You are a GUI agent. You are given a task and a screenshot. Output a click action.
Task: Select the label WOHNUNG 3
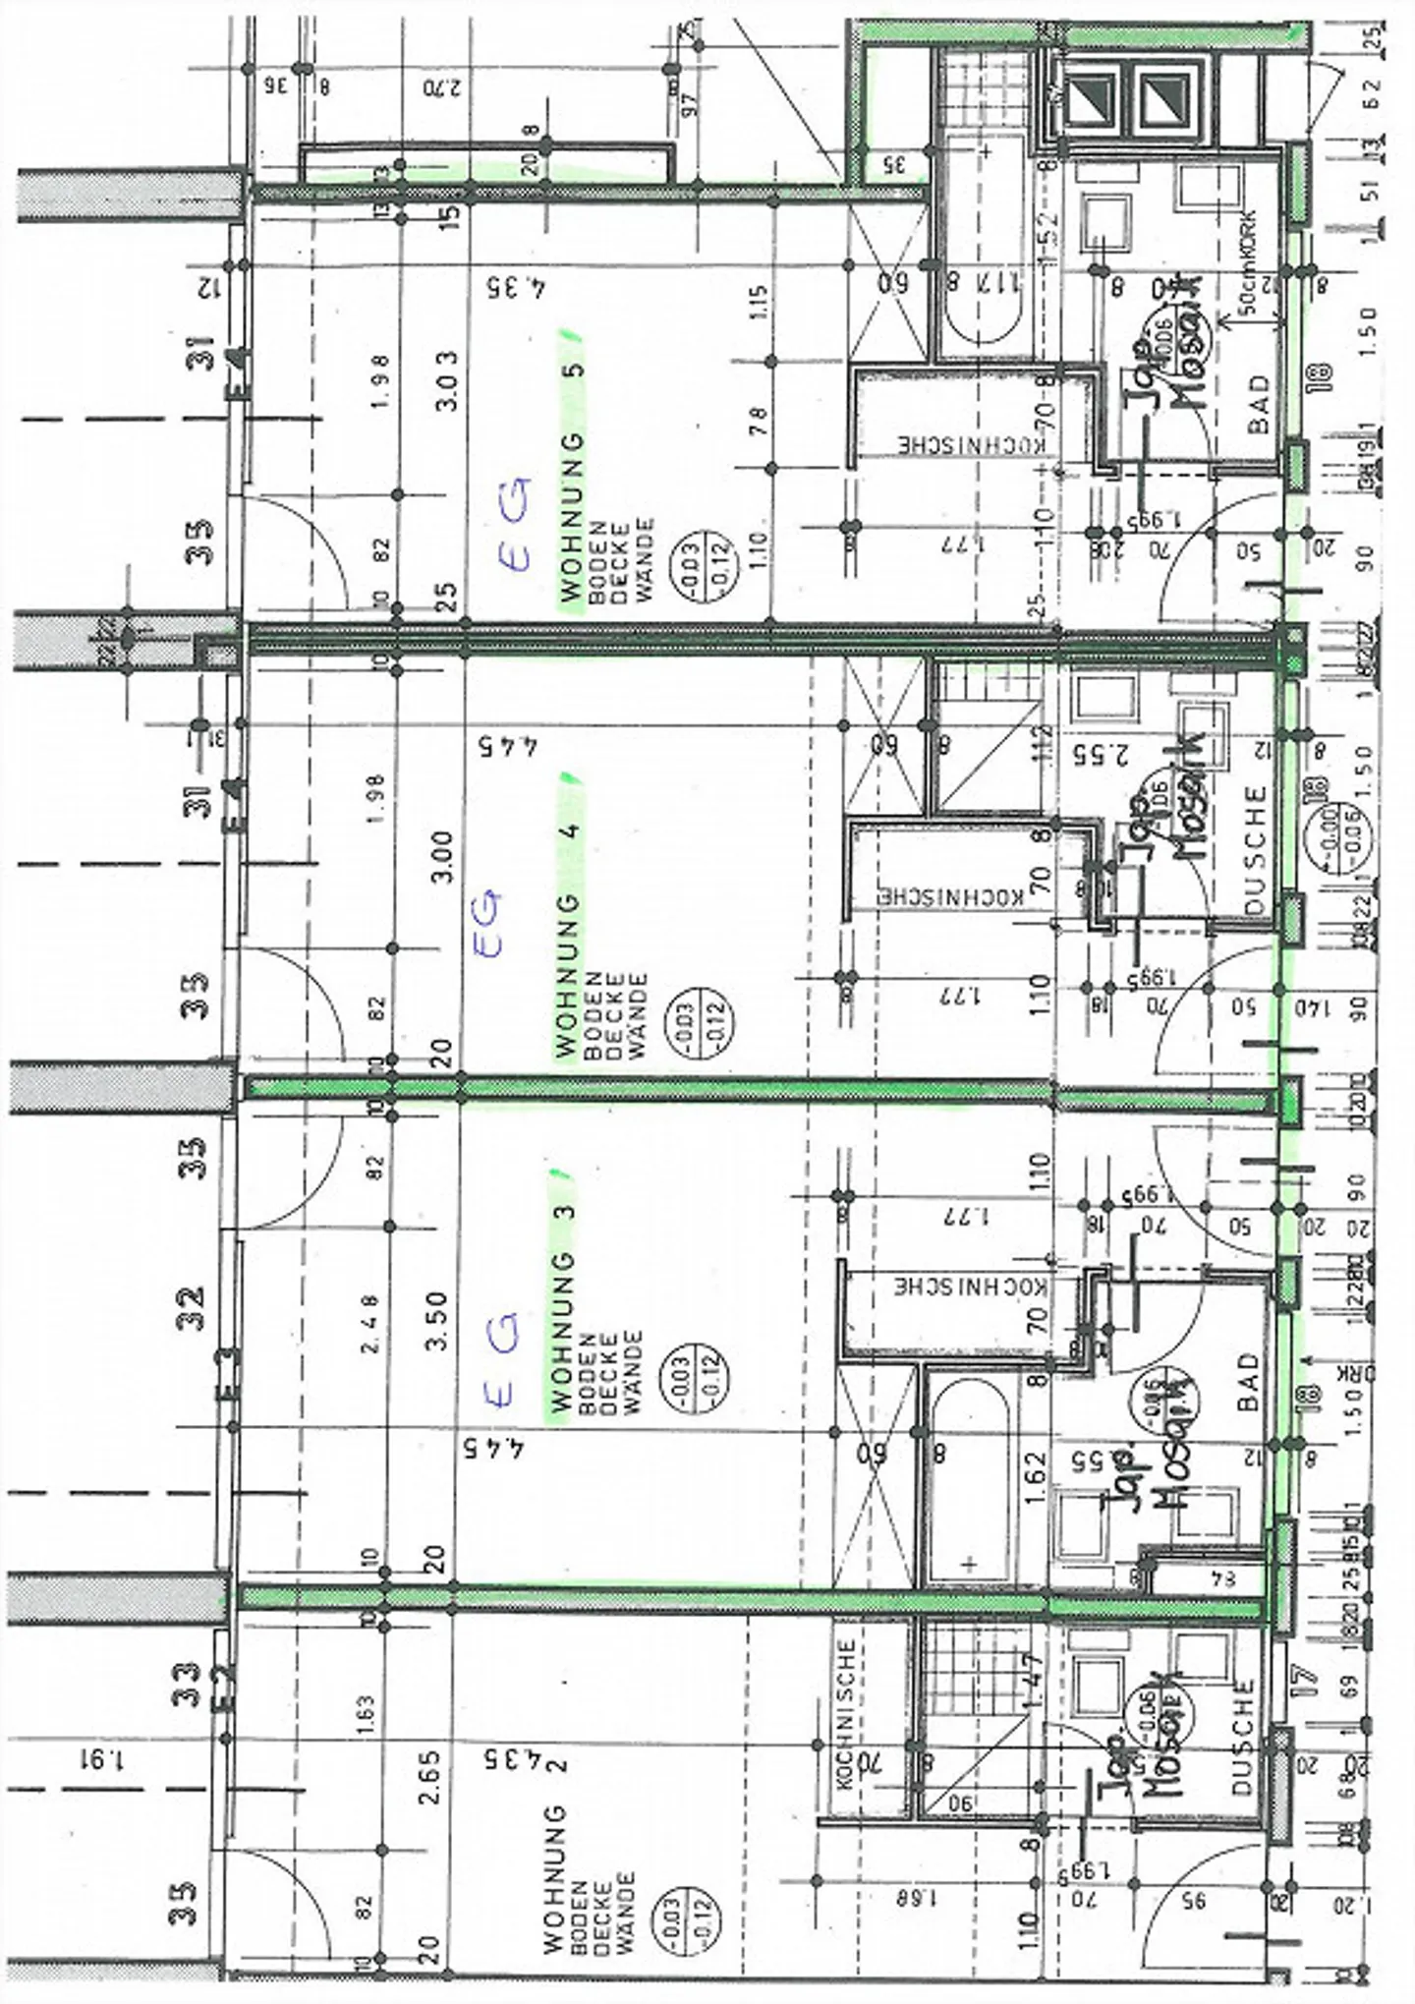click(563, 1297)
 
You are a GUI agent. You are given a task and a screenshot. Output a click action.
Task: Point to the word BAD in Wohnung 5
click(1258, 404)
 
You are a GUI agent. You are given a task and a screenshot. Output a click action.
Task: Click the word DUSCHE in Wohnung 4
click(1255, 850)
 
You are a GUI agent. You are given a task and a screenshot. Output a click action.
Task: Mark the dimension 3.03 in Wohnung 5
click(445, 380)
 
